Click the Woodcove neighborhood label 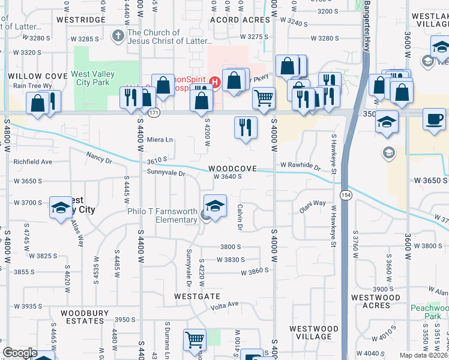coord(233,169)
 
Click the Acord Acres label coord(240,20)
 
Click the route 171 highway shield coord(154,112)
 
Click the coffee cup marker coord(434,119)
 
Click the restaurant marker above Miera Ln coord(245,127)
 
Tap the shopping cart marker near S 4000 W coord(264,98)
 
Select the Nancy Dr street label coord(99,158)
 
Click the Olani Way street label coord(313,207)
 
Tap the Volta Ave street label coord(225,306)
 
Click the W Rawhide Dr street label coord(300,165)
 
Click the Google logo coord(20,353)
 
